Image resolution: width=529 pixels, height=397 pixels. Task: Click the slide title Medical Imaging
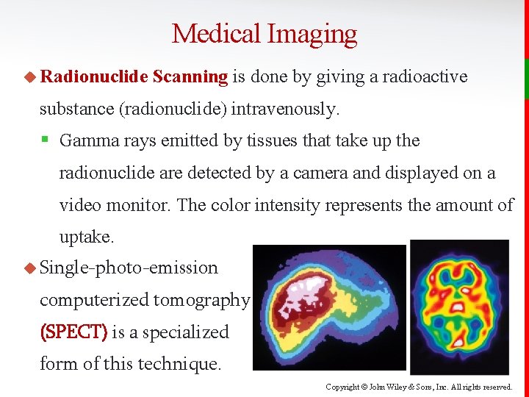tap(264, 34)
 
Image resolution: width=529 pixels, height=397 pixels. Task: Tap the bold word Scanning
tap(192, 76)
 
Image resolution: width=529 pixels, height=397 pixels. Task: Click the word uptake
tap(86, 237)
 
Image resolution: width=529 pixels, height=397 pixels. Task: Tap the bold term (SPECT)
tap(73, 332)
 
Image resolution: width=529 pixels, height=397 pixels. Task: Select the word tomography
tap(201, 300)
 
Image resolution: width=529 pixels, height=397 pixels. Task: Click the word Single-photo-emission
tap(129, 268)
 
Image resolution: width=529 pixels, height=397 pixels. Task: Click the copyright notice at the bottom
tap(420, 386)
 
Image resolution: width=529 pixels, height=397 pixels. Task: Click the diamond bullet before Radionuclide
tap(30, 76)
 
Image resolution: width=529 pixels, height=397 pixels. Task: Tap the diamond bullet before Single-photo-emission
tap(30, 268)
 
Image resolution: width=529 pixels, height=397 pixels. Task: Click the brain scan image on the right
tap(459, 307)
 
